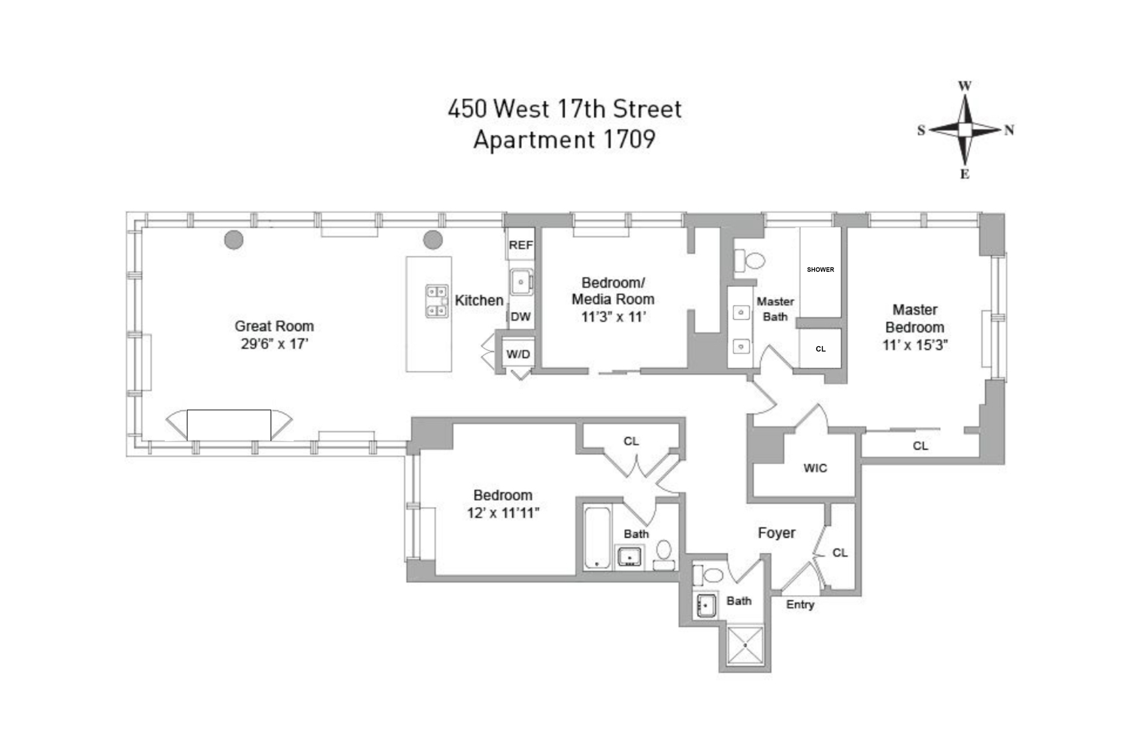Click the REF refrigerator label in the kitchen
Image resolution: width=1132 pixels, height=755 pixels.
click(521, 245)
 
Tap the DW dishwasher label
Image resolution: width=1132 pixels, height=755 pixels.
click(521, 317)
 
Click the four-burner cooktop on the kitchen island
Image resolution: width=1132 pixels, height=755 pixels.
click(436, 301)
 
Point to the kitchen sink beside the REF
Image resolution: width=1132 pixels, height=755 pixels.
click(521, 282)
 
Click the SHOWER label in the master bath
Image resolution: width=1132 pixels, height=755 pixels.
click(820, 269)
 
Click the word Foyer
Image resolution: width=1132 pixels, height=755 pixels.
click(776, 533)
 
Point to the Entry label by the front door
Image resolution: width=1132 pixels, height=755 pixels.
click(800, 605)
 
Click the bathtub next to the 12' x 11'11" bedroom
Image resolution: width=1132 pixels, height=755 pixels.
click(597, 537)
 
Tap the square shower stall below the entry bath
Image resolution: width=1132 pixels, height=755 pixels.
click(745, 645)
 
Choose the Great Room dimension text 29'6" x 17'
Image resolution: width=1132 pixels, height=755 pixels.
click(274, 344)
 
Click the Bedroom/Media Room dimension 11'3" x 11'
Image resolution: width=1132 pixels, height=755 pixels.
click(613, 317)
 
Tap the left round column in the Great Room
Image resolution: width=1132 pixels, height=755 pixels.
click(234, 240)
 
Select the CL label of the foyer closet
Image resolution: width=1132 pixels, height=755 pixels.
click(840, 553)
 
